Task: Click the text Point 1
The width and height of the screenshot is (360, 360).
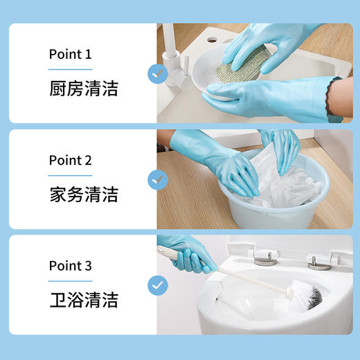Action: click(x=70, y=54)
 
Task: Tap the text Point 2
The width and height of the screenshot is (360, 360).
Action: click(x=70, y=160)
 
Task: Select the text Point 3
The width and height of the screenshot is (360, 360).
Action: click(x=70, y=266)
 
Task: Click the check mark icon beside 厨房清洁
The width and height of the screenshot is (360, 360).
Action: click(x=158, y=73)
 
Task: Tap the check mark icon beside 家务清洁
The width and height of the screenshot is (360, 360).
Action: click(x=158, y=179)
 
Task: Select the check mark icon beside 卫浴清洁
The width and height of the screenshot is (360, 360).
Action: click(x=158, y=285)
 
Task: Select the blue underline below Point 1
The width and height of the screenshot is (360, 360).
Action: click(x=69, y=69)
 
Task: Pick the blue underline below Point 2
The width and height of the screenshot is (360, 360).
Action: click(x=69, y=175)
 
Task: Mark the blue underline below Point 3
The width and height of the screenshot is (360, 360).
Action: click(x=69, y=281)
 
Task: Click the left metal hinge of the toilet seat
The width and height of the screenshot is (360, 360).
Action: click(x=264, y=257)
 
